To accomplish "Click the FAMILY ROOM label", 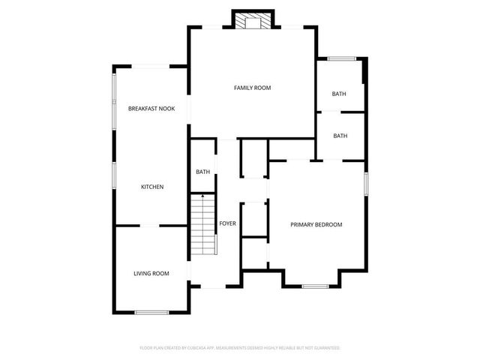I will point(252,88).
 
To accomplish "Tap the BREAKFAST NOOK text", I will point(151,109).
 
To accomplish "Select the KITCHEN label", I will point(152,187).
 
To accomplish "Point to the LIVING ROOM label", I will point(151,274).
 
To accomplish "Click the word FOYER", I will point(228,223).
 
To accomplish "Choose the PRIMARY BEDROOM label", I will point(316,224).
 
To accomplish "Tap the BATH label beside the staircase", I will point(203,172).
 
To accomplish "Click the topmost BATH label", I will point(340,94).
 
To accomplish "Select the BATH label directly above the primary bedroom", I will point(340,136).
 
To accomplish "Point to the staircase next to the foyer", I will point(202,225).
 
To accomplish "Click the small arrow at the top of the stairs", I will point(203,195).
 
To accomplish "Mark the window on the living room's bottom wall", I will point(151,312).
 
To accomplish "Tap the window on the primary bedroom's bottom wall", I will point(313,286).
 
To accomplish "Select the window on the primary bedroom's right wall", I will point(366,184).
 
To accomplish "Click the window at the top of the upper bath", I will point(341,58).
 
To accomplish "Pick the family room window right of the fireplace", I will point(290,28).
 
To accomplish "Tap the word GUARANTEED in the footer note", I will point(325,348).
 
